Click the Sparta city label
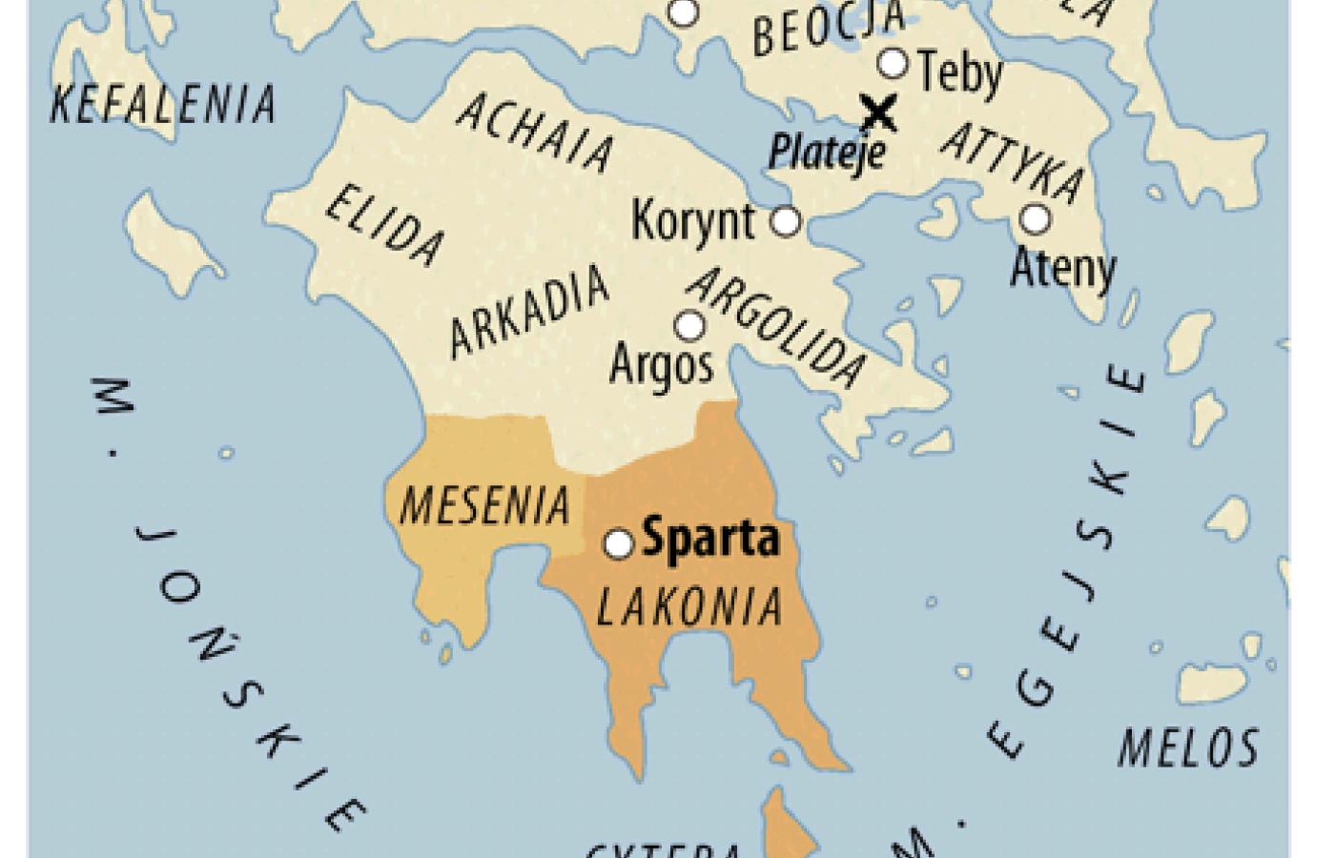711,540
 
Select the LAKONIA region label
688,604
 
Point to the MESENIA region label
483,505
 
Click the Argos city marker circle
689,326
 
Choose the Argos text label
661,363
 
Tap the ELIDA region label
384,225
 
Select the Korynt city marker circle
785,221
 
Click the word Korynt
693,221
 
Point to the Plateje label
828,151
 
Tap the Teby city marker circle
893,63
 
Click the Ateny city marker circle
1035,219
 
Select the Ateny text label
1062,268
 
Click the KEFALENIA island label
163,104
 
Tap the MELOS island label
1188,746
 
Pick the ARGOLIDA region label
779,327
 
